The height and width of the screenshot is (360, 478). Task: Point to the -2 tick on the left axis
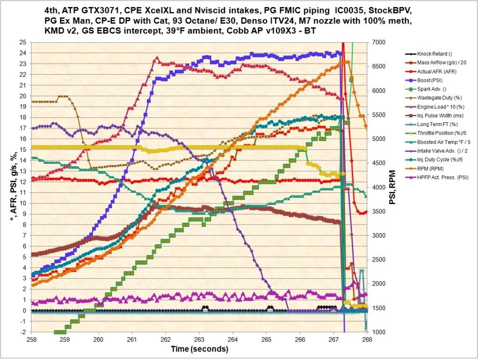(23, 332)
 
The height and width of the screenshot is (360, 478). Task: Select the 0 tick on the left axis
(23, 311)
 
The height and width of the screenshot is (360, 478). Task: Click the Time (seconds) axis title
(199, 349)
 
